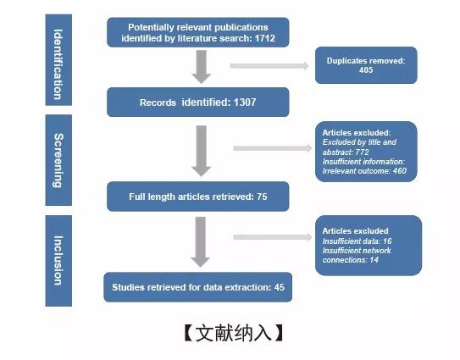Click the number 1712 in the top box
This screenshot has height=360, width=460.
pyautogui.click(x=265, y=38)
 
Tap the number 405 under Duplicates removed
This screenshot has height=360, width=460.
pyautogui.click(x=366, y=69)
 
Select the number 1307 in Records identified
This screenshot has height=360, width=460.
pyautogui.click(x=245, y=102)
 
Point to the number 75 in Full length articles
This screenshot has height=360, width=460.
pyautogui.click(x=262, y=197)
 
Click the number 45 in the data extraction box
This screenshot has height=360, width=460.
pyautogui.click(x=280, y=287)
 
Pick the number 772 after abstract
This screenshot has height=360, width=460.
pyautogui.click(x=362, y=152)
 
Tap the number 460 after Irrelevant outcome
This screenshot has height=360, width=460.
pyautogui.click(x=400, y=171)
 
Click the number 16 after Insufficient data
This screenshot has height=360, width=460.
pyautogui.click(x=387, y=241)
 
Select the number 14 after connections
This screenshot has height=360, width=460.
pyautogui.click(x=374, y=260)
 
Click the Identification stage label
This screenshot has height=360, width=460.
pyautogui.click(x=58, y=64)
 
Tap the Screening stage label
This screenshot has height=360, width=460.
pyautogui.click(x=58, y=160)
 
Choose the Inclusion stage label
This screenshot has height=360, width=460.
pyautogui.click(x=58, y=260)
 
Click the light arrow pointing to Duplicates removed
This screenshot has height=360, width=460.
pyautogui.click(x=269, y=66)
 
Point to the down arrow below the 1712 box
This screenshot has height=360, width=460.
pyautogui.click(x=202, y=67)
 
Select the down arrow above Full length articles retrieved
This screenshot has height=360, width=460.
pyautogui.click(x=202, y=151)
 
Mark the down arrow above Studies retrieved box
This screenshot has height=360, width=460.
pyautogui.click(x=201, y=242)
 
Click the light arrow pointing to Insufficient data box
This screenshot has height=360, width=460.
pyautogui.click(x=273, y=237)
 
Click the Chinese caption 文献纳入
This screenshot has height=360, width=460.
pyautogui.click(x=233, y=333)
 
